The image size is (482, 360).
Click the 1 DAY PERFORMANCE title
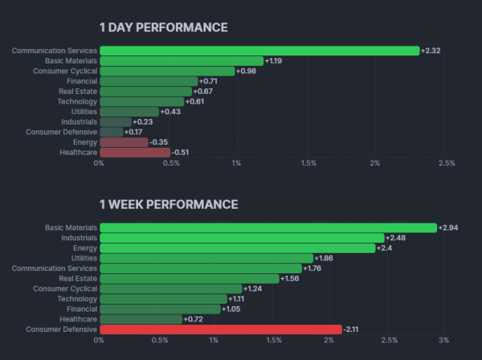click(163, 27)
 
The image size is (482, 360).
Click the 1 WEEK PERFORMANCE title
click(168, 204)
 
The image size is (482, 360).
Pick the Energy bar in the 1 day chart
click(124, 141)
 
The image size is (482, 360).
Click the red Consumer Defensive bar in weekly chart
click(219, 329)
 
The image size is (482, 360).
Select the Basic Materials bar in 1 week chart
click(268, 227)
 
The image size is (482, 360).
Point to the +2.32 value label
click(431, 51)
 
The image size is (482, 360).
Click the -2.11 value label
click(353, 329)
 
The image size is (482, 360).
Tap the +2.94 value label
click(448, 227)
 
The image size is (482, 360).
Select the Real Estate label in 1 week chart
click(78, 278)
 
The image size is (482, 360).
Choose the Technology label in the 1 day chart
click(77, 101)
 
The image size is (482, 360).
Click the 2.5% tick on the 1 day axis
click(447, 163)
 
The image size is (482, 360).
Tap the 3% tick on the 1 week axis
click(443, 340)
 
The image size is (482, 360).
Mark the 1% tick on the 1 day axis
click(236, 163)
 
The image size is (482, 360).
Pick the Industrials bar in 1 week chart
click(241, 238)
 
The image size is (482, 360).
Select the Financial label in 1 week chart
click(81, 309)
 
